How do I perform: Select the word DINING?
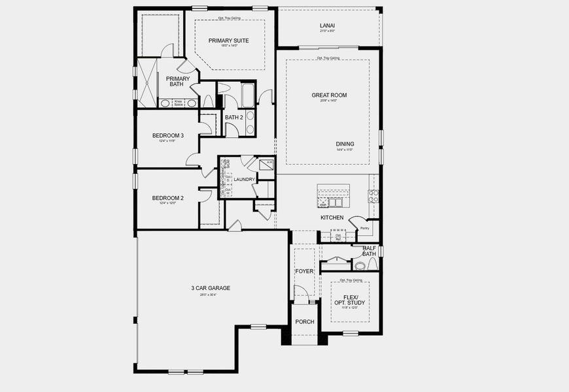[x=345, y=144]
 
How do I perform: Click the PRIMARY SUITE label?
[x=224, y=41]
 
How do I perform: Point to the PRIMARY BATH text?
[x=178, y=81]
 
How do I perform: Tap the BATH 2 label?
[x=233, y=118]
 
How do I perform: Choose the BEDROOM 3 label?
[x=168, y=136]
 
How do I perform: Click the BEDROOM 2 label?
[x=168, y=198]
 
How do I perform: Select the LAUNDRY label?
[x=244, y=179]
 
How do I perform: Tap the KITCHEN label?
[x=332, y=218]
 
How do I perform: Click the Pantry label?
[x=364, y=229]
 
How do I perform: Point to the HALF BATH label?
[x=369, y=251]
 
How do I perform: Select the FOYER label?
[x=304, y=270]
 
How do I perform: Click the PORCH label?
[x=304, y=321]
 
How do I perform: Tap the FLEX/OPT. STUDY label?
[x=350, y=300]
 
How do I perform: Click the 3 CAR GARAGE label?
[x=211, y=288]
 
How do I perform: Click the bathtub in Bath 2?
[x=248, y=95]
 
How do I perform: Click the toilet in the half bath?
[x=360, y=265]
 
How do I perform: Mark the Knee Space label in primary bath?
[x=178, y=103]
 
